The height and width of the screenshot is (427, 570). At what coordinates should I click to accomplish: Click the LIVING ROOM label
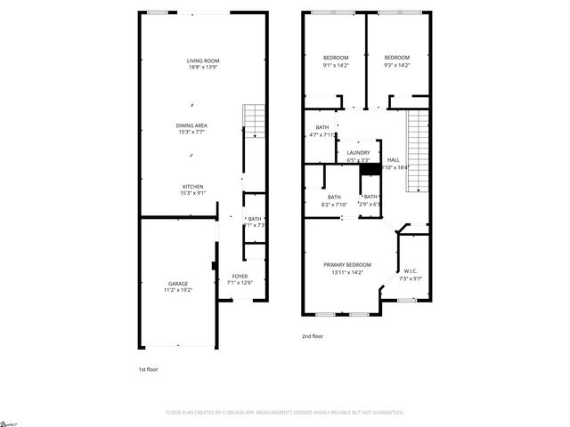pos(204,60)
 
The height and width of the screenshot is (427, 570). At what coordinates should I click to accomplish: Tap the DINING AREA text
pos(191,126)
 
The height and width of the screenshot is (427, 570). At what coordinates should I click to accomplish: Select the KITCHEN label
pos(193,187)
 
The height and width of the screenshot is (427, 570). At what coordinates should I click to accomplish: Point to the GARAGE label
pos(178,283)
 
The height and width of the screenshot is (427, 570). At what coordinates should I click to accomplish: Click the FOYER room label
pos(240,277)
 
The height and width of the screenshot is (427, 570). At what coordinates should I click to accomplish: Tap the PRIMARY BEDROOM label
pos(347,265)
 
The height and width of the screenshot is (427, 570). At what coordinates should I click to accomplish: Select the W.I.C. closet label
pos(411,272)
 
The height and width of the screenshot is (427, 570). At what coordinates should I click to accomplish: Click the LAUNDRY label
pos(359,153)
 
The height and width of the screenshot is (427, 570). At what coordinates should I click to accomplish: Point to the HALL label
pos(393,160)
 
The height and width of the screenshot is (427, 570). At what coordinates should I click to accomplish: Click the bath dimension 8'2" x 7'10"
pos(334,204)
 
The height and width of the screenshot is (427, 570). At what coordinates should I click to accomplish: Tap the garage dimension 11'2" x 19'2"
pos(178,290)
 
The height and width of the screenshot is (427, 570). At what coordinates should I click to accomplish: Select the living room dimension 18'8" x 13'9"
pos(204,67)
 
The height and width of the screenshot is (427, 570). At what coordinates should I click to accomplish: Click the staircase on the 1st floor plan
pos(255,121)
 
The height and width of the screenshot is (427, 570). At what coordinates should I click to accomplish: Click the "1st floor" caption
pos(148,368)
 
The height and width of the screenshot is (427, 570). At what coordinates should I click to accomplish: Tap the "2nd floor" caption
pos(313,336)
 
